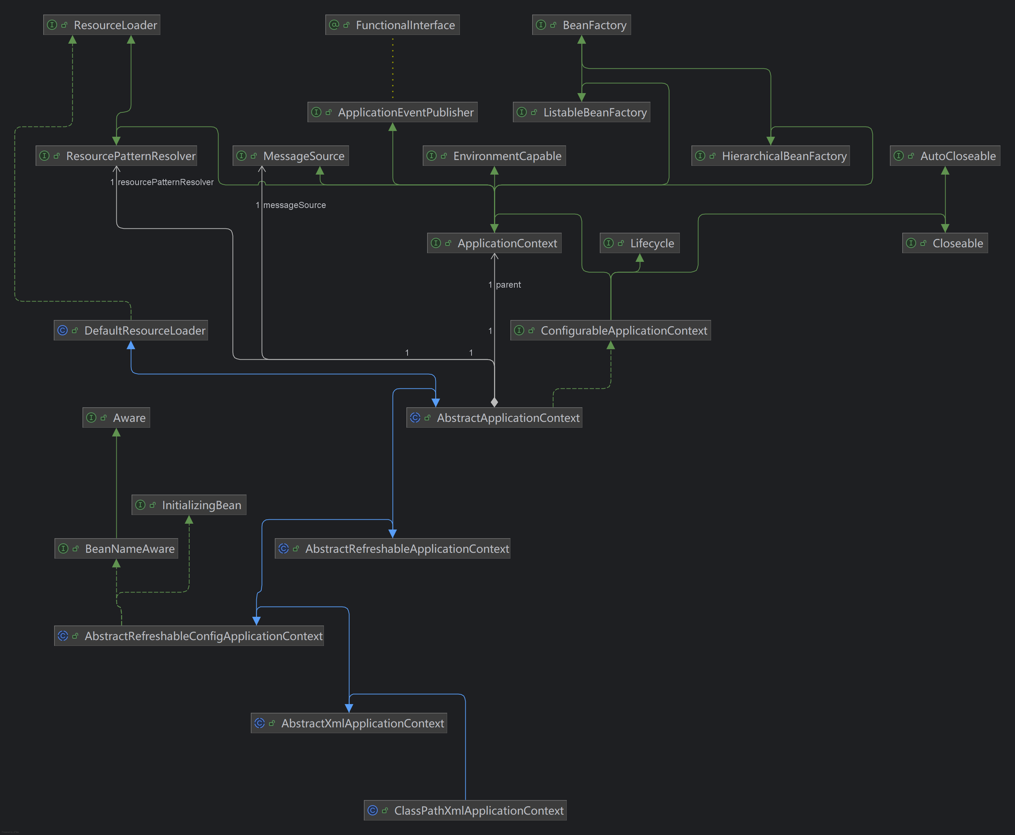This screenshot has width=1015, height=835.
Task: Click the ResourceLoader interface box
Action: click(101, 25)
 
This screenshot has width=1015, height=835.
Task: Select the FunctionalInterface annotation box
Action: click(392, 25)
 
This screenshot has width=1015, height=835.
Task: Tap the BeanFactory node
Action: click(581, 25)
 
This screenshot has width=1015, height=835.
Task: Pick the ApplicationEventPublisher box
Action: click(392, 112)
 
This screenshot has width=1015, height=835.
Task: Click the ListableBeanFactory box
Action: click(581, 112)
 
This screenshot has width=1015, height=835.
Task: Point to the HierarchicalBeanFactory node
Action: click(770, 156)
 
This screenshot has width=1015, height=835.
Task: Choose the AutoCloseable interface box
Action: click(945, 156)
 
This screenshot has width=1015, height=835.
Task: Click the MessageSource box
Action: click(291, 156)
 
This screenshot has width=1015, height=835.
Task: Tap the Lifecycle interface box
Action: click(639, 243)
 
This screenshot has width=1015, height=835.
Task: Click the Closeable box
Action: click(945, 243)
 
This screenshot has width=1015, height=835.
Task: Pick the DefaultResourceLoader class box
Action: click(131, 331)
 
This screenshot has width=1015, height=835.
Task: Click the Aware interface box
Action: click(116, 417)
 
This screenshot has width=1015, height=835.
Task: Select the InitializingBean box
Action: click(189, 505)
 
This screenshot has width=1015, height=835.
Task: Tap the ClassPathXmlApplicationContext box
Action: click(465, 811)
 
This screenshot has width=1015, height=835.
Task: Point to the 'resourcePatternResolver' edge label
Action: click(165, 182)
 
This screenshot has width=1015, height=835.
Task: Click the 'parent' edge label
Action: click(508, 285)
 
